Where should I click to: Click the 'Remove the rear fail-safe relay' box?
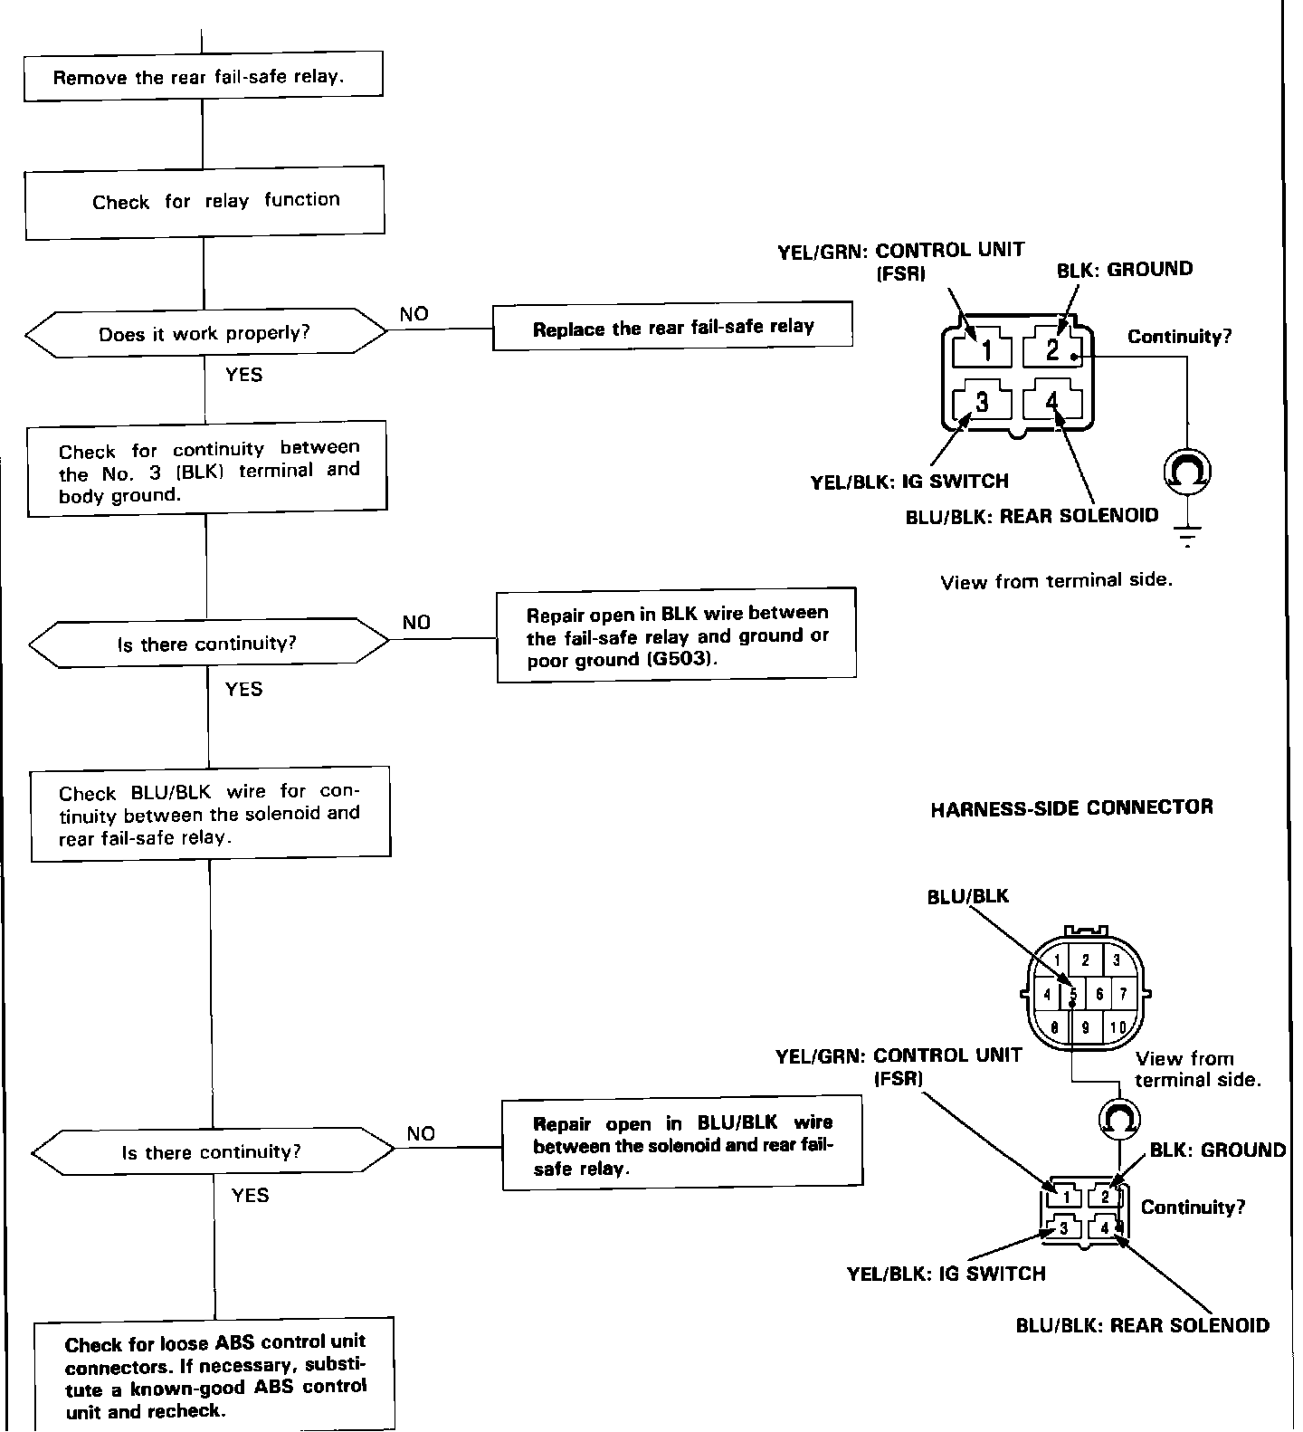pos(203,75)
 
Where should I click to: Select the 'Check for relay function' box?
pos(204,201)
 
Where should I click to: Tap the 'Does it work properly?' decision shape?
pos(205,333)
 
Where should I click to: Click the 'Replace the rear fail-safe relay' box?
pos(672,327)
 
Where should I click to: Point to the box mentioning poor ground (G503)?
pos(676,636)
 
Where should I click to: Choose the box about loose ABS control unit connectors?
pos(215,1376)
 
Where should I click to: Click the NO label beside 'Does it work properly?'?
pos(414,314)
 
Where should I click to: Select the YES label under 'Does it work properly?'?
pos(243,375)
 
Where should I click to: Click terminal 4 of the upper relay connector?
pos(1051,400)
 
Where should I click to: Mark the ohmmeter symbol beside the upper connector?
pos(1186,472)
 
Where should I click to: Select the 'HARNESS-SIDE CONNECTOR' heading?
pos(1071,807)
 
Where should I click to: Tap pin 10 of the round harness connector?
pos(1118,1027)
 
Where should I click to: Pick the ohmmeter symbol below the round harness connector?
pos(1118,1120)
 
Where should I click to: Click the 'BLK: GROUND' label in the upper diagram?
pos(1125,270)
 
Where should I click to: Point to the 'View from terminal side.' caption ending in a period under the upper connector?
pos(1056,581)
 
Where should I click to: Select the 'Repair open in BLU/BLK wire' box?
pos(682,1145)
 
